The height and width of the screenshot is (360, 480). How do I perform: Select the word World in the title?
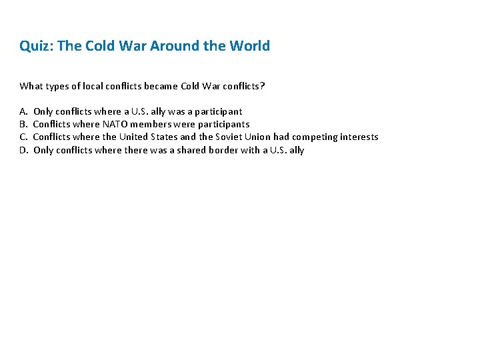point(249,46)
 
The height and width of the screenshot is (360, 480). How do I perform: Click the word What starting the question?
point(31,86)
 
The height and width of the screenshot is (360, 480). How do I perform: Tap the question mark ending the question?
point(262,86)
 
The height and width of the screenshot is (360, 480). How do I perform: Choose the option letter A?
point(23,111)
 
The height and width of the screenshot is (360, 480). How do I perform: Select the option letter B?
point(23,124)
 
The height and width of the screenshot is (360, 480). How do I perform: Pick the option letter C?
point(23,137)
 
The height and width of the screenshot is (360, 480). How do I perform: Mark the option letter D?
point(23,150)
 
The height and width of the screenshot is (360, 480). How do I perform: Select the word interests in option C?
point(359,137)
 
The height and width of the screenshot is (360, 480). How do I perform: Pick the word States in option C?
point(163,137)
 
